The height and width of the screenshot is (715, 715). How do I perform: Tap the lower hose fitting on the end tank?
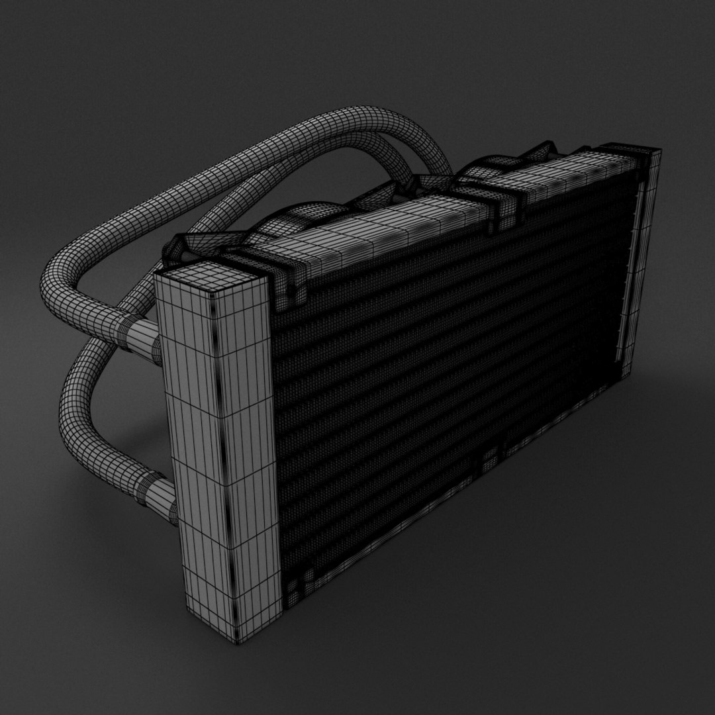(156, 496)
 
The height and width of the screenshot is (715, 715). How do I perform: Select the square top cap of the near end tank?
(211, 278)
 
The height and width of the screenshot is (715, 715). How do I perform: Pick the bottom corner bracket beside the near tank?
(295, 583)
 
